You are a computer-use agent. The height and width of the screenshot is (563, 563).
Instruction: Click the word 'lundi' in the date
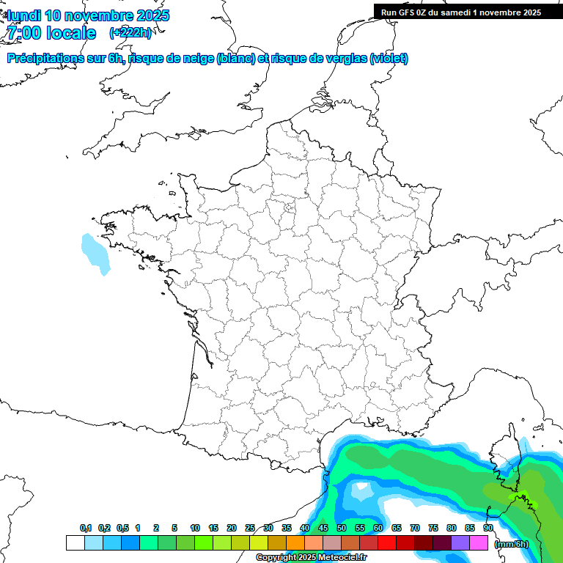click(23, 15)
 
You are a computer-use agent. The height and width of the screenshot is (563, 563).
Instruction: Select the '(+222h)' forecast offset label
click(130, 33)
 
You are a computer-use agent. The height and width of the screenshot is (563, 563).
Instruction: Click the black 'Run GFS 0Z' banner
click(461, 12)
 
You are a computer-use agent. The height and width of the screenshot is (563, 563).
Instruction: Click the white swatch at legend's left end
click(75, 543)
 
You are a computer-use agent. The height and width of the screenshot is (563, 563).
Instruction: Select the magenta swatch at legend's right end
click(479, 543)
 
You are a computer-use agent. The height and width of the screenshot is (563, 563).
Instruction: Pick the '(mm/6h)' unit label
click(511, 543)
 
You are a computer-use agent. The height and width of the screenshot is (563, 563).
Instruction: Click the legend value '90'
click(487, 529)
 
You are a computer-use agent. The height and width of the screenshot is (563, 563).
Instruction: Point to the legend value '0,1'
click(86, 529)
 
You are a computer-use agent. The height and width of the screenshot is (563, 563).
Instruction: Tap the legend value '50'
click(342, 529)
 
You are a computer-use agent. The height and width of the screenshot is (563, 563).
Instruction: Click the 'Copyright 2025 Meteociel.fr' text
click(310, 557)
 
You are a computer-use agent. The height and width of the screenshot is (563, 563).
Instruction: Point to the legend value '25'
click(250, 529)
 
